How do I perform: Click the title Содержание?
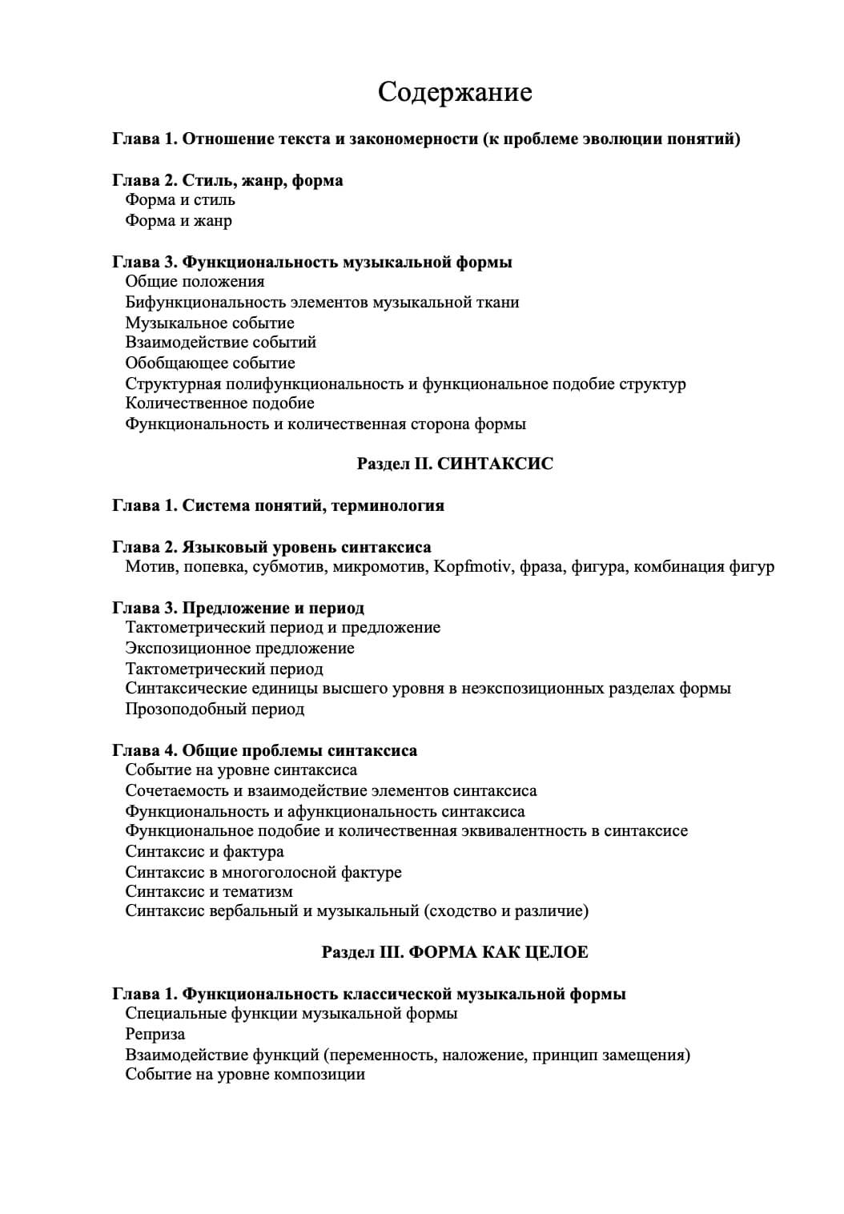[455, 92]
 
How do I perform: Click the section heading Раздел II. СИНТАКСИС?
[455, 464]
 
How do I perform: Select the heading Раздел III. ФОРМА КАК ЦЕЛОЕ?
[455, 952]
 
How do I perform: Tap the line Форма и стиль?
[180, 200]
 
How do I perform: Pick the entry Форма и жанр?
[179, 221]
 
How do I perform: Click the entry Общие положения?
[195, 282]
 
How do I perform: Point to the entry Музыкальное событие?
[210, 324]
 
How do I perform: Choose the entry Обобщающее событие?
[211, 364]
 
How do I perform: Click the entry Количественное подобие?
[219, 404]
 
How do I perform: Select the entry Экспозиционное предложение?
[239, 649]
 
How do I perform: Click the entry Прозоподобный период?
[215, 710]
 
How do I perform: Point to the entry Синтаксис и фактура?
[204, 852]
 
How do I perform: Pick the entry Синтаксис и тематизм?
[209, 892]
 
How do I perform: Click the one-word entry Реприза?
[155, 1035]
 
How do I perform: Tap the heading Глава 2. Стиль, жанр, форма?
[227, 181]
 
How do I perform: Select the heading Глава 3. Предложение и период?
[238, 609]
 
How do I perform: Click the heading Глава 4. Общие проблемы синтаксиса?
[264, 751]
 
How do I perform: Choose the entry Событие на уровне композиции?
[245, 1075]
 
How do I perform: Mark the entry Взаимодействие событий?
[220, 343]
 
